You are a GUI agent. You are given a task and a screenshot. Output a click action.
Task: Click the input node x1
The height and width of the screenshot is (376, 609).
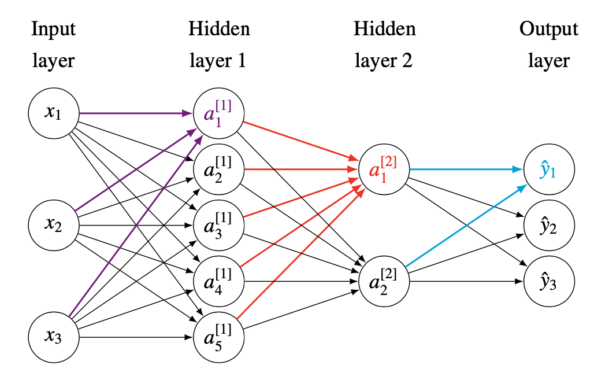[x=53, y=112]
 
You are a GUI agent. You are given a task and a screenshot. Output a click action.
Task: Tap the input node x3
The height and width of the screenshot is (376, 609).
[x=53, y=337]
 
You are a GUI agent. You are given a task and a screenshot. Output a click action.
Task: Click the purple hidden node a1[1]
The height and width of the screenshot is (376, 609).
[x=220, y=112]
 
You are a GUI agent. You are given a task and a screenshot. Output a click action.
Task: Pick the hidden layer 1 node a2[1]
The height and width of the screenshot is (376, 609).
[x=220, y=168]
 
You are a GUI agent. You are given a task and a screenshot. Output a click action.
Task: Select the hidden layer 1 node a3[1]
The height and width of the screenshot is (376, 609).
[x=220, y=224]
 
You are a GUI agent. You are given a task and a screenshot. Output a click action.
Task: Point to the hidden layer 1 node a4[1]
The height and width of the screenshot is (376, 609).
[x=220, y=281]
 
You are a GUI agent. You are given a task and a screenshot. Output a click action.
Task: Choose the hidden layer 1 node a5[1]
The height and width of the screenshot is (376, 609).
[x=220, y=337]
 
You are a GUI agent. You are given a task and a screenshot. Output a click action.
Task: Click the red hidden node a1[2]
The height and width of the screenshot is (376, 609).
[x=384, y=169]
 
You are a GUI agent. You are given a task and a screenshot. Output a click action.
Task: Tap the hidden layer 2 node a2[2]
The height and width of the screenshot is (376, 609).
[x=384, y=281]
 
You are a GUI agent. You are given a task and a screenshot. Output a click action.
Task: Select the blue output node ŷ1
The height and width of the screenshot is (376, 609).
[x=549, y=169]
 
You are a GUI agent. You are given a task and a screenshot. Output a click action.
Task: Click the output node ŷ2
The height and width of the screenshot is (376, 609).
[x=549, y=226]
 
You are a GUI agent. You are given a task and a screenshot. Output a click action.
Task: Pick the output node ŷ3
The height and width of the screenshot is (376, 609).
[x=549, y=282]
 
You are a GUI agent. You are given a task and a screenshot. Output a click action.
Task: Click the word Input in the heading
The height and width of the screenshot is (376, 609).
[x=53, y=29]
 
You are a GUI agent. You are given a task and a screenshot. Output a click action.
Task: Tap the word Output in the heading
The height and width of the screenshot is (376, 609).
[x=549, y=29]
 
